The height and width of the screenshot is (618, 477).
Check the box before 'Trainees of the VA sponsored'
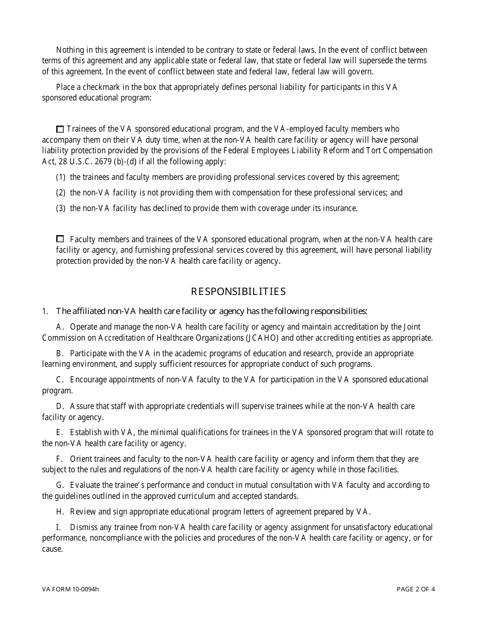click(60, 129)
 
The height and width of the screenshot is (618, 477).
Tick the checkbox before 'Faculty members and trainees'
click(60, 239)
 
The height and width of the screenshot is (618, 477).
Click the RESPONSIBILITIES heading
click(238, 291)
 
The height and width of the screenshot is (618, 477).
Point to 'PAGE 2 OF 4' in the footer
click(416, 589)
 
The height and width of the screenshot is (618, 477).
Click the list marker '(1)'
click(61, 177)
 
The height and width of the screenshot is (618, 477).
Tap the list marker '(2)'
click(61, 192)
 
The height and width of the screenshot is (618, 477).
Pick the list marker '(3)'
click(61, 208)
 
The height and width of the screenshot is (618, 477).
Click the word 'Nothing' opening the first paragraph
click(70, 50)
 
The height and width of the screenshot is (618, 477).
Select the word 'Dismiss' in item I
click(84, 527)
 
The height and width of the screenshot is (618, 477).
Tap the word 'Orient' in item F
click(81, 459)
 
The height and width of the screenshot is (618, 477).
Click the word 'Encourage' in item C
click(87, 379)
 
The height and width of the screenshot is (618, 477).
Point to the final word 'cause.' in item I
click(52, 549)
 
